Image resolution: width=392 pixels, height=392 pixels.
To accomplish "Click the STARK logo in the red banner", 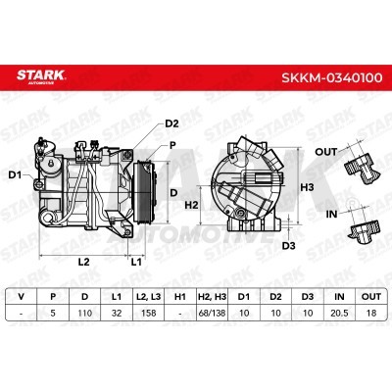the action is click(41, 76).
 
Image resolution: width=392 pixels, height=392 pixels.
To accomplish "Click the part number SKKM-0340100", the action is click(332, 77).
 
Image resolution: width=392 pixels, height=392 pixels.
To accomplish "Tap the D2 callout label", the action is click(171, 123).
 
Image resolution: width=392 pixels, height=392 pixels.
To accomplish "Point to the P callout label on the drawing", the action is click(172, 145).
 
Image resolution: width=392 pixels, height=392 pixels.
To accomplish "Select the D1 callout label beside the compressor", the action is click(15, 175).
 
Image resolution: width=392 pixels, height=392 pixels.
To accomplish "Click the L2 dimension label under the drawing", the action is click(83, 262).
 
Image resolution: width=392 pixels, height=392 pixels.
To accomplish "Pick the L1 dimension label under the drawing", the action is click(136, 262).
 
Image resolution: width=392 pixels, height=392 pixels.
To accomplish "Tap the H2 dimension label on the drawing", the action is click(192, 205).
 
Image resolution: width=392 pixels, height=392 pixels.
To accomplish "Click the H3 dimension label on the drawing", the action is click(307, 187).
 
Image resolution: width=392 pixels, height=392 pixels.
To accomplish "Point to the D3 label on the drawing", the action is click(288, 245).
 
